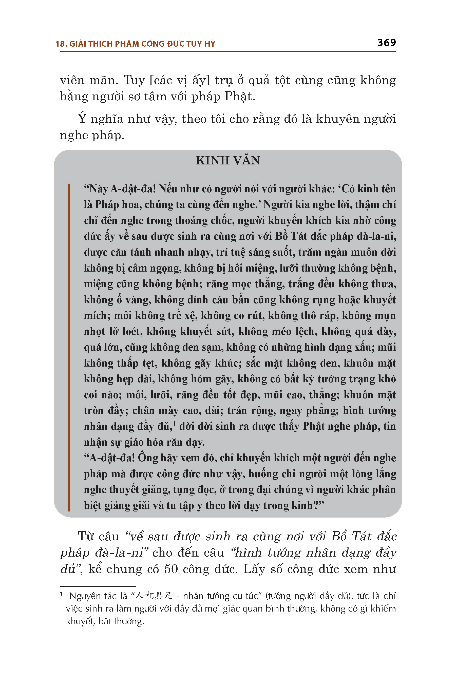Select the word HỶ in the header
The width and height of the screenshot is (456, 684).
(x=210, y=44)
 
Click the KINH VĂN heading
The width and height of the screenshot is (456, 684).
(x=228, y=161)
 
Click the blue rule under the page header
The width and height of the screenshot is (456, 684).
(x=228, y=51)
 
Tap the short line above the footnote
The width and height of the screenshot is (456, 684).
(x=98, y=586)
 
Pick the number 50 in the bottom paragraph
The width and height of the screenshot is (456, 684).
(x=171, y=569)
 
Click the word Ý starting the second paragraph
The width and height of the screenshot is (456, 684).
(x=82, y=119)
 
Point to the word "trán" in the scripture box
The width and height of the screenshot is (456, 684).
(x=237, y=411)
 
